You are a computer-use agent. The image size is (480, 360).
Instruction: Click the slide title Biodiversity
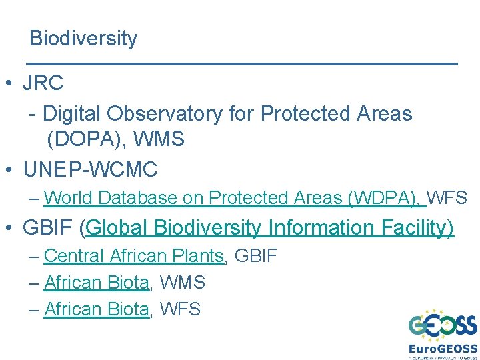[x=83, y=39]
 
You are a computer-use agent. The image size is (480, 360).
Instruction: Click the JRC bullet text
[x=43, y=83]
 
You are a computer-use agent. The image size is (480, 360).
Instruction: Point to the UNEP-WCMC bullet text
[x=90, y=169]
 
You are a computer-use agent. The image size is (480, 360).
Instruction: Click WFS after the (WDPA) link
[x=447, y=198]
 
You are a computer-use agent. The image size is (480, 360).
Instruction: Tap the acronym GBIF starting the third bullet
[x=47, y=228]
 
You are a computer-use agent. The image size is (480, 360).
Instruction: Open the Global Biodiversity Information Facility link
[x=270, y=228]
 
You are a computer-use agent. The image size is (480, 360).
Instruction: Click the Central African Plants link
[x=133, y=255]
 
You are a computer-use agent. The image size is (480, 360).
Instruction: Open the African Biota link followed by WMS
[x=96, y=283]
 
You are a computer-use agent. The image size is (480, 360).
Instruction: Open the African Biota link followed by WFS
[x=96, y=309]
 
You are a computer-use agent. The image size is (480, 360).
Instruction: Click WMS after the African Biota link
[x=181, y=283]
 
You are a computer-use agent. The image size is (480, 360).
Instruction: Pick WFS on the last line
[x=179, y=309]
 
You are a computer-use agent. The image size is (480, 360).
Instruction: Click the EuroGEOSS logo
[x=443, y=334]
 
